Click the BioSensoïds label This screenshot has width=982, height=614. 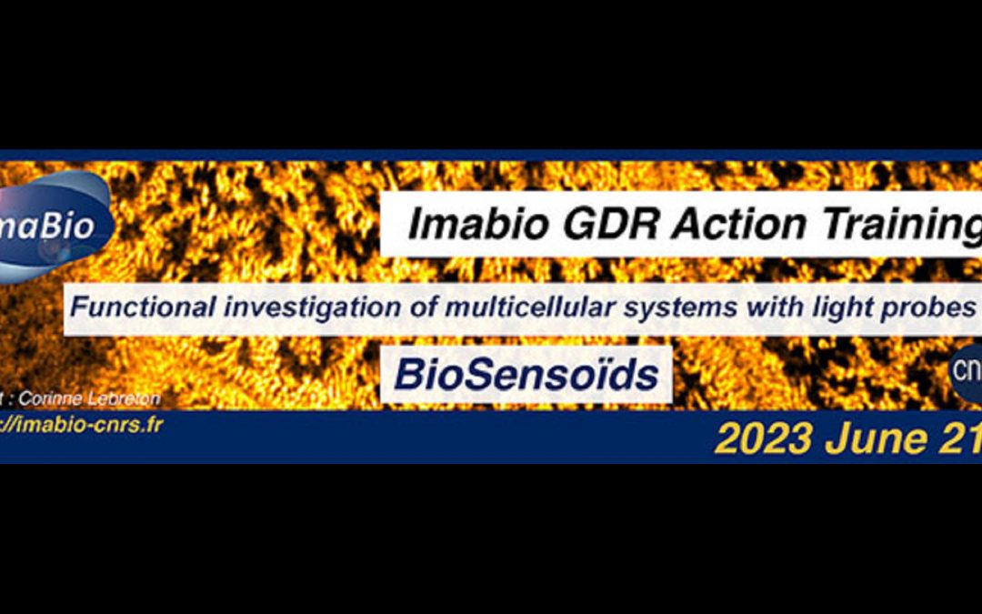coord(526,374)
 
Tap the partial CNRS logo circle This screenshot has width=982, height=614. coord(966,371)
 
